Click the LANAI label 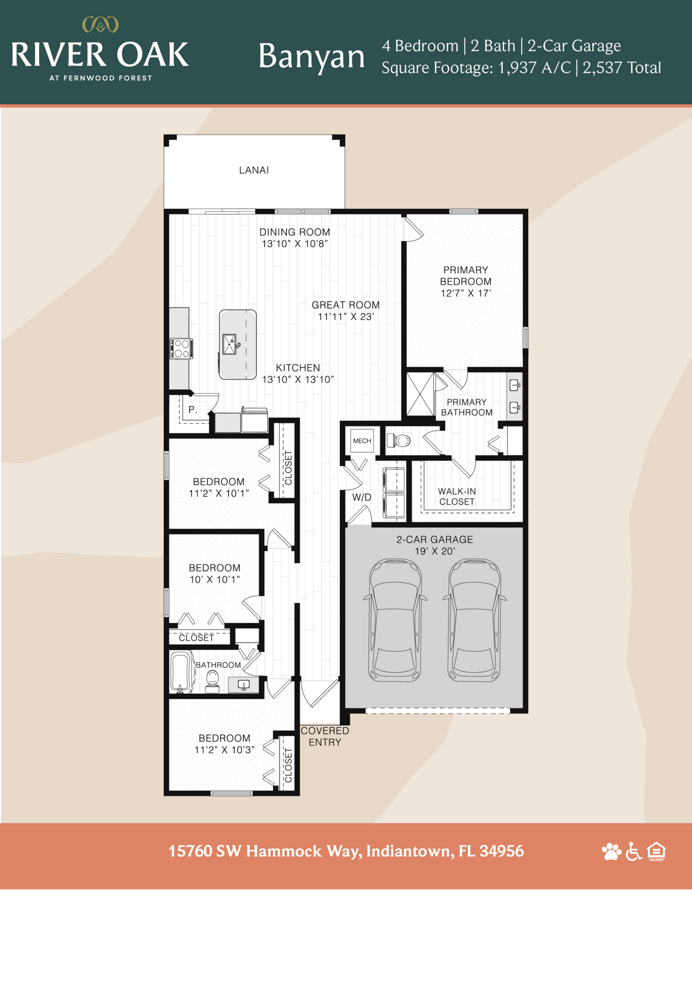(254, 170)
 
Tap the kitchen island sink (230, 344)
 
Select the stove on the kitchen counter (181, 348)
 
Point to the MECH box (362, 440)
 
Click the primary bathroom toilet (399, 440)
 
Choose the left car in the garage (395, 620)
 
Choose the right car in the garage (474, 620)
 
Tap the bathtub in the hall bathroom (180, 671)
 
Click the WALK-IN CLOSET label (457, 496)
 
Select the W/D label (361, 497)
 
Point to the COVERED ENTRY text (325, 736)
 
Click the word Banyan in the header (311, 56)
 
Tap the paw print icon (611, 851)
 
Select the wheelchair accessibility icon (634, 851)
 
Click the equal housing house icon (657, 851)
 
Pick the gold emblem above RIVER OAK (100, 24)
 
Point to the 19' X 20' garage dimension (434, 551)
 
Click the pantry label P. (193, 410)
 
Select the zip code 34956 (501, 851)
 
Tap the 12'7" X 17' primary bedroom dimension (466, 293)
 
